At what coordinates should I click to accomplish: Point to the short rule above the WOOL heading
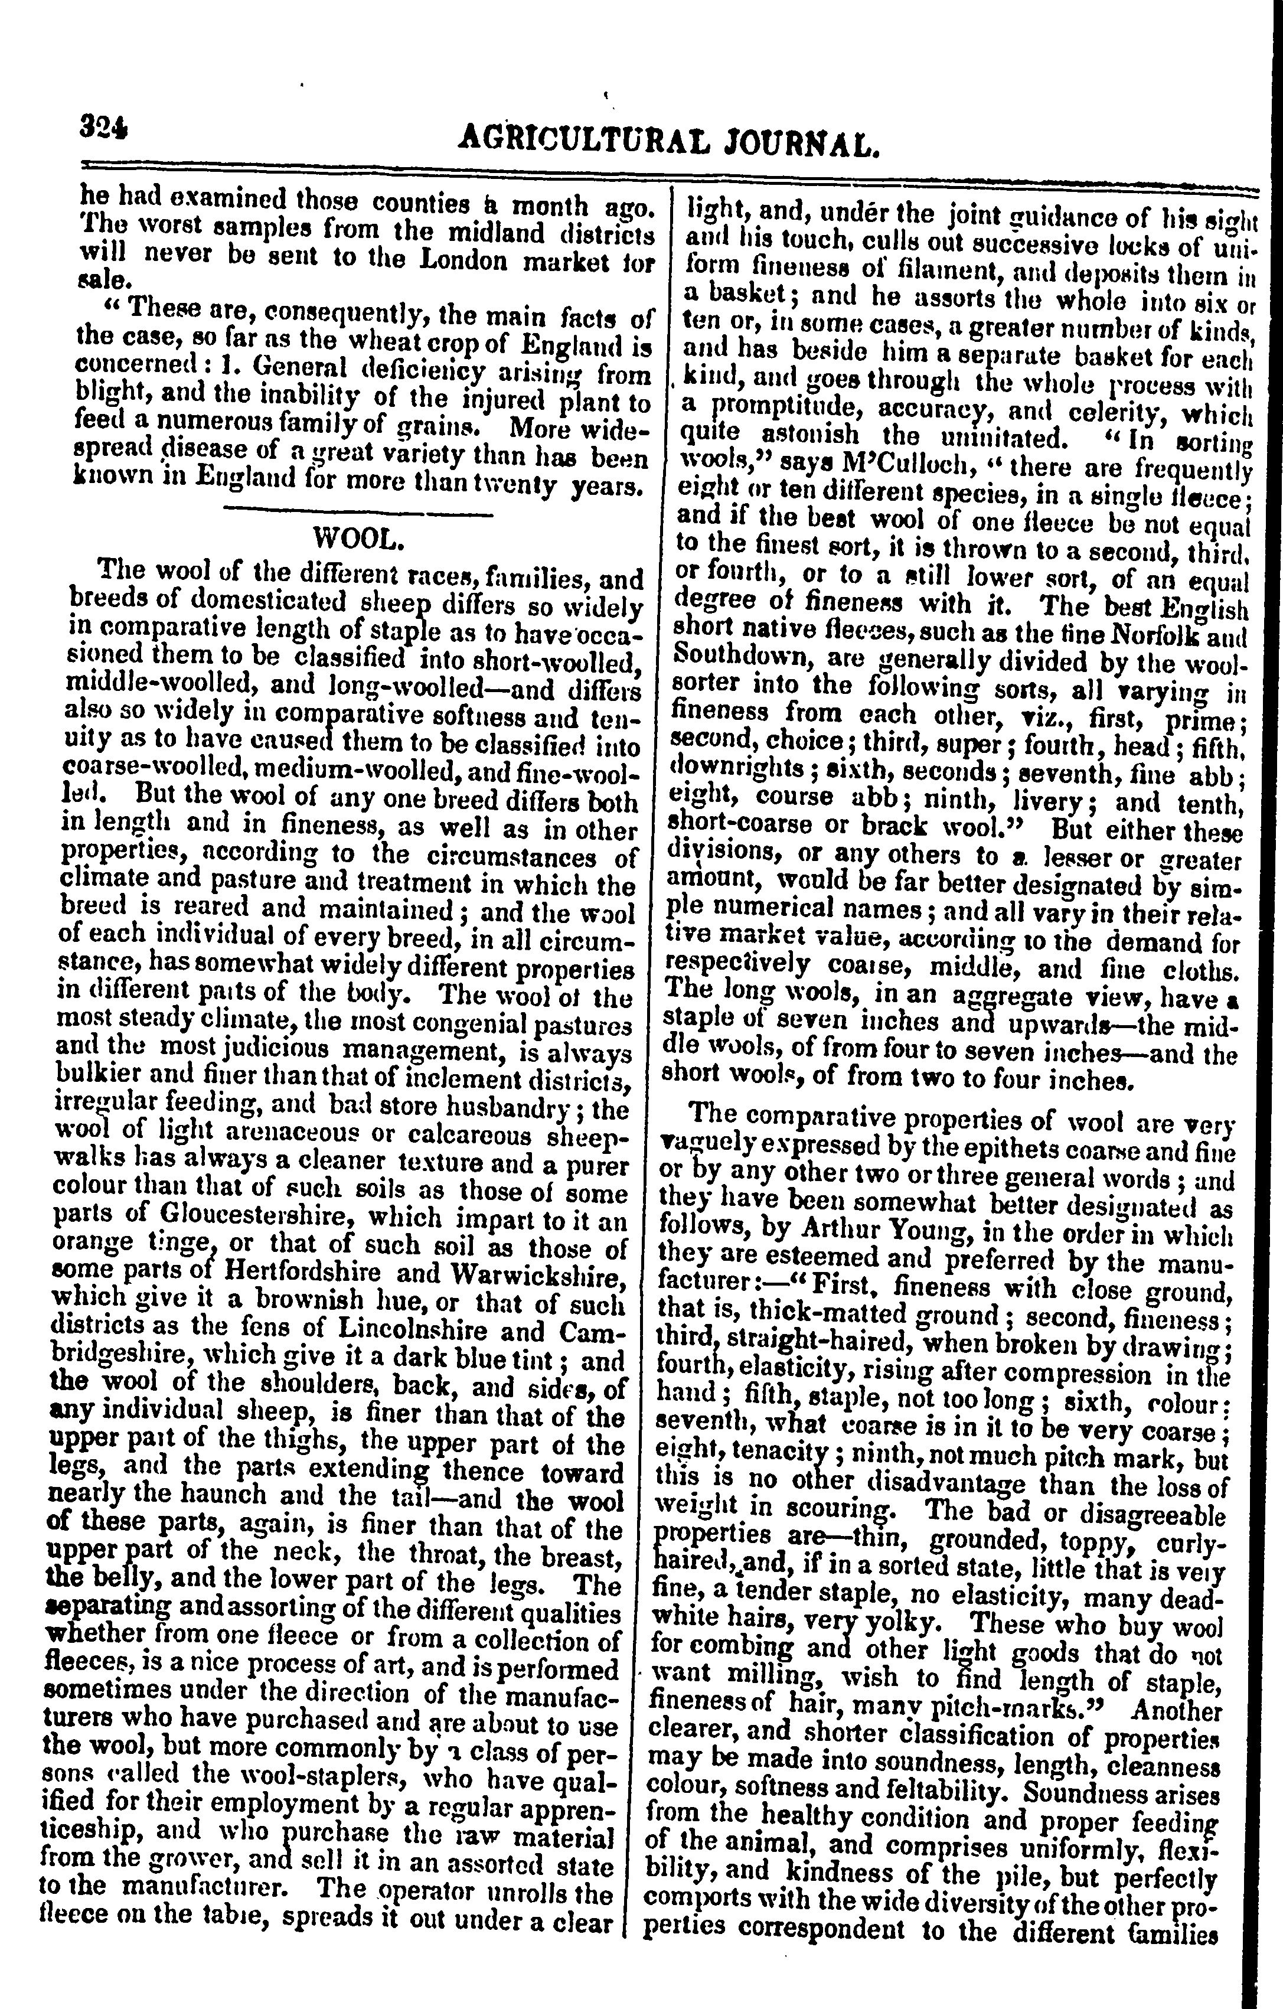pos(359,510)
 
